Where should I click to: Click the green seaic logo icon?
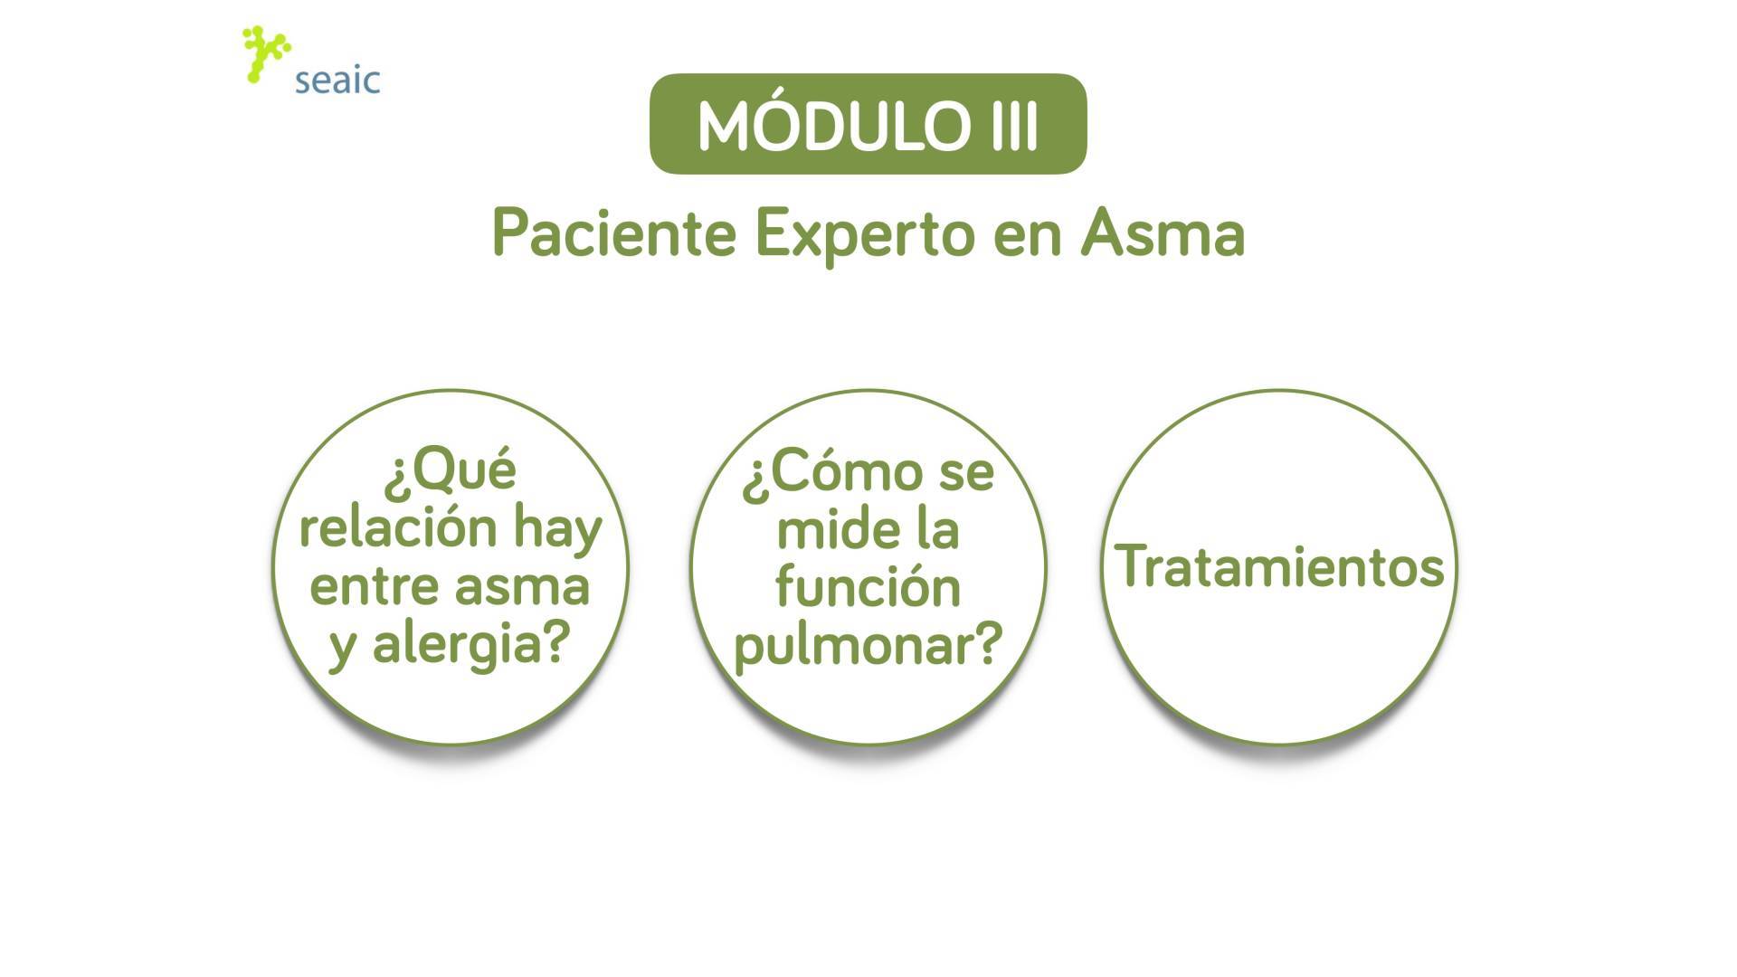tap(266, 54)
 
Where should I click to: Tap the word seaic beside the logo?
tap(337, 81)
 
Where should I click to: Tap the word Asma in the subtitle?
tap(1163, 233)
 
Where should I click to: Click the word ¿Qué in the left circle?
tap(450, 471)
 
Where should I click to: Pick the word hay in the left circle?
tap(557, 531)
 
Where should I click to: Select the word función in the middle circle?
tap(868, 586)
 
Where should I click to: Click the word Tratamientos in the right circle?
tap(1279, 566)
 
